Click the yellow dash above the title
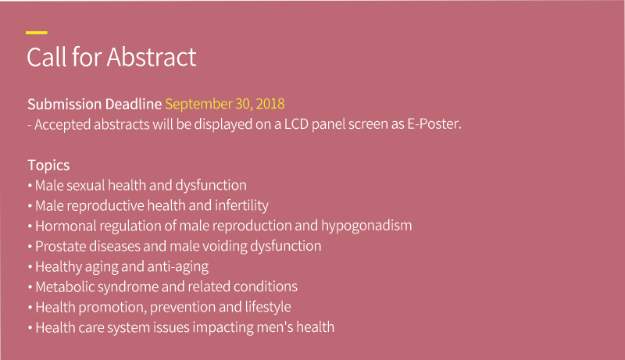[x=37, y=33]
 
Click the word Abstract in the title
[x=152, y=57]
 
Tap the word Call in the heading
[x=47, y=57]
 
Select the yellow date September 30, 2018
[x=225, y=104]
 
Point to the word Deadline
[x=134, y=104]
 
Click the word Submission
[x=65, y=104]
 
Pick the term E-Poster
[x=434, y=124]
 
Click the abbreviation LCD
[x=296, y=124]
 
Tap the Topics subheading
[x=48, y=166]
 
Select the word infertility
[x=241, y=205]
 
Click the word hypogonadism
[x=366, y=226]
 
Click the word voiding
[x=225, y=246]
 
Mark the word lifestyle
[x=268, y=307]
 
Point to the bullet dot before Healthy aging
[x=30, y=267]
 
